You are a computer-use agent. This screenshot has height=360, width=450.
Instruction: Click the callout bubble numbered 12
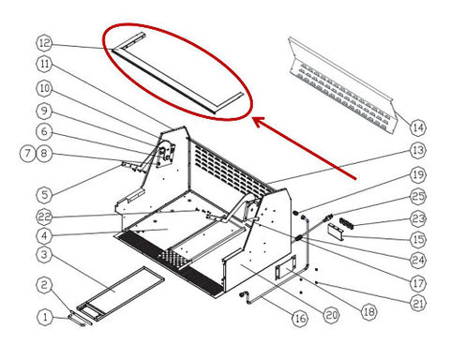[45, 43]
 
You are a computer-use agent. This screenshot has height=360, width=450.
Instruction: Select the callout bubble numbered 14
[418, 127]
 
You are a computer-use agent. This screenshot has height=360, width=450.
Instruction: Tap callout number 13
[418, 150]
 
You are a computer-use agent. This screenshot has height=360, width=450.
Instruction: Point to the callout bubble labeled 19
[418, 174]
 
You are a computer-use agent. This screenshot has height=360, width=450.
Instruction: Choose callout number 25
[418, 196]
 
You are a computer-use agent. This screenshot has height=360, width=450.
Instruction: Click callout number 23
[418, 218]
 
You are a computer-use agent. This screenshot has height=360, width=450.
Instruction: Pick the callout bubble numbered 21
[418, 303]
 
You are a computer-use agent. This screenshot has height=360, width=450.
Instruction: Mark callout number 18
[368, 311]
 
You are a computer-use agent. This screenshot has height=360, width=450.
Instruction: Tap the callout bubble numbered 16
[300, 319]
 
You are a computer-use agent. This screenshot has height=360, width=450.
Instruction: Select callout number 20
[331, 315]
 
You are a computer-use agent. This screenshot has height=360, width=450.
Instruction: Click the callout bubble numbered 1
[45, 317]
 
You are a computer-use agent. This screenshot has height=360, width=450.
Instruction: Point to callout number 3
[45, 255]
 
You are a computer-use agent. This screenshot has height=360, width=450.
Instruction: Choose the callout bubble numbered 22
[45, 217]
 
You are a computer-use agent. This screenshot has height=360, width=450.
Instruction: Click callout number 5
[45, 195]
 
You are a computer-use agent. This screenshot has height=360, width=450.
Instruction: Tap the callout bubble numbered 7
[28, 154]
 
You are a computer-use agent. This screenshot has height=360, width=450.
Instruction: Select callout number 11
[45, 64]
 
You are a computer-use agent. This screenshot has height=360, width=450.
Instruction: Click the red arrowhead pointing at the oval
[259, 122]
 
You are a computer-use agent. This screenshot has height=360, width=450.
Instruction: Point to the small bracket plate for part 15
[336, 232]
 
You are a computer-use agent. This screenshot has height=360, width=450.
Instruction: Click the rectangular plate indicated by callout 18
[285, 267]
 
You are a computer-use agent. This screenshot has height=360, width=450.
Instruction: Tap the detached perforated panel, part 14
[342, 86]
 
